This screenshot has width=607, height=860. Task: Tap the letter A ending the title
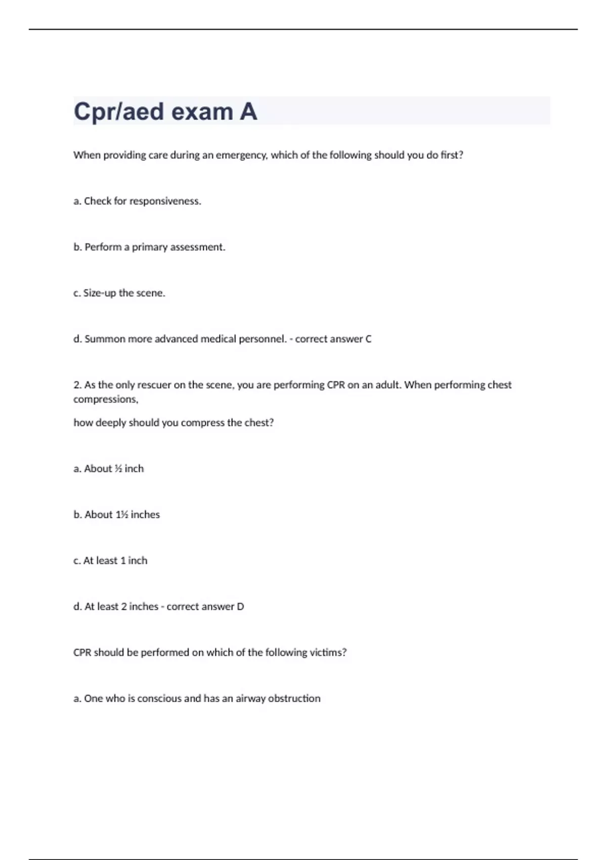(x=248, y=112)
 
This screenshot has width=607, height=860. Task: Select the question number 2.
(x=77, y=385)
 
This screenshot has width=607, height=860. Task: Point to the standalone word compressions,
(x=106, y=400)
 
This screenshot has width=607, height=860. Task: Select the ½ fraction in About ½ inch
(x=118, y=469)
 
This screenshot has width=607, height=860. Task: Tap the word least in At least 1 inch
(x=107, y=561)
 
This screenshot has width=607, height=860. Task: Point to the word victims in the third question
(x=328, y=653)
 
